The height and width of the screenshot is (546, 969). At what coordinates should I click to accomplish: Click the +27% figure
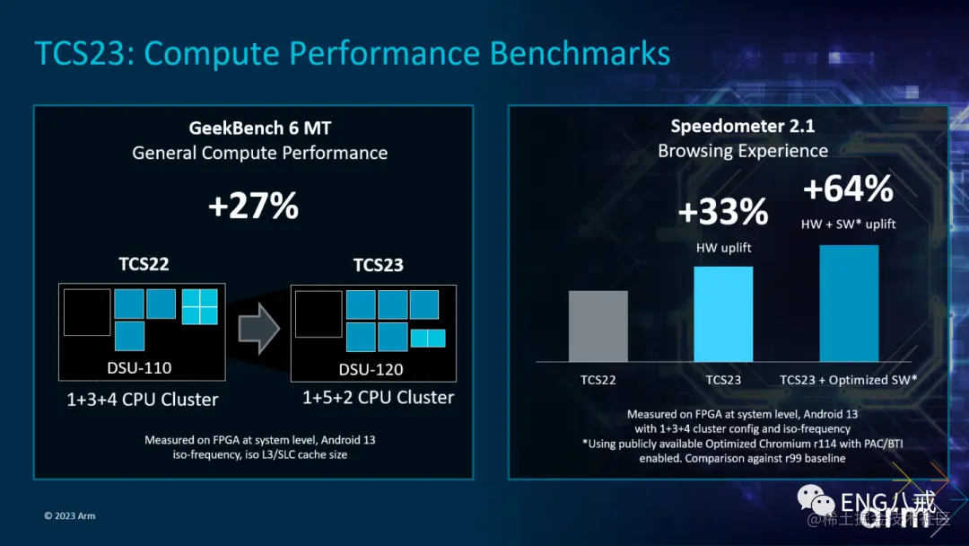[253, 206]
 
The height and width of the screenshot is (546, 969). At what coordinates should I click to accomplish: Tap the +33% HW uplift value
[723, 213]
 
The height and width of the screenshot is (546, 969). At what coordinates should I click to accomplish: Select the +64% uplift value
[848, 189]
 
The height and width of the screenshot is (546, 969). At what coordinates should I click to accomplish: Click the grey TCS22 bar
[598, 326]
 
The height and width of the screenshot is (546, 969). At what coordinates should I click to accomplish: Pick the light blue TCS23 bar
[723, 313]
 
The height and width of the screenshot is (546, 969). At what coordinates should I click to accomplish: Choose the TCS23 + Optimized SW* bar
[848, 303]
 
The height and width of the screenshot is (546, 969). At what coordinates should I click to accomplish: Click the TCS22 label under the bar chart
[598, 380]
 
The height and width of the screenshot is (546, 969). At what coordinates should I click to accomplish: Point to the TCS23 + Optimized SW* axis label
[848, 380]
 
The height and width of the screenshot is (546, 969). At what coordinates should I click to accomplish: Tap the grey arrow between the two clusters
[259, 328]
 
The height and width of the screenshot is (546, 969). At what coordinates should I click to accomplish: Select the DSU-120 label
[371, 369]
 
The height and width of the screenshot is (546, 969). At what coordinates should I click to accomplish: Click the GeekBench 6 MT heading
[260, 128]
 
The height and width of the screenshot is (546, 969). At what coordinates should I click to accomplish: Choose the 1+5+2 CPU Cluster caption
[378, 397]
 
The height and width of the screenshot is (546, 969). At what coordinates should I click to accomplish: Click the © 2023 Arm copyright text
[70, 516]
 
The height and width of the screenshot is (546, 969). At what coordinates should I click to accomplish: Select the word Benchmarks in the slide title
[580, 54]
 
